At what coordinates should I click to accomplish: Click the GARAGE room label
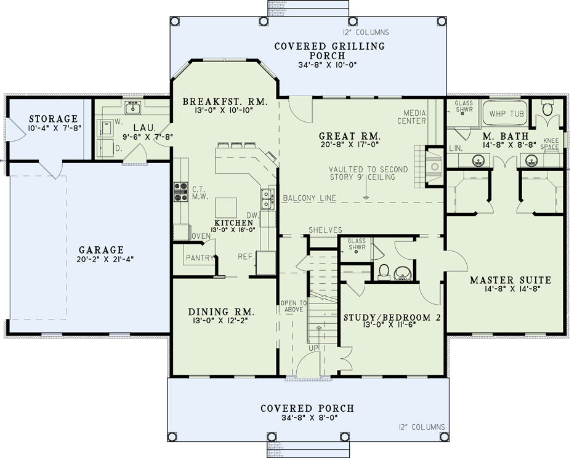pos(101,249)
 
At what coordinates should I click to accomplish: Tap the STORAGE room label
pos(54,119)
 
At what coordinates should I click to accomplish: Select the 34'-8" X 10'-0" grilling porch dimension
pos(328,65)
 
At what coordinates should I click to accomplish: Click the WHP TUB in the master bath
pos(507,114)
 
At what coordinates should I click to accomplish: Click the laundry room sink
pos(132,108)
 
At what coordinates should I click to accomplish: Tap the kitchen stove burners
pos(180,191)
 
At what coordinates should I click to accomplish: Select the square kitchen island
pos(226,207)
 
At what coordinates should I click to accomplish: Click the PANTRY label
pos(200,258)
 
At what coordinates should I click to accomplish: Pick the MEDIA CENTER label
pos(411,117)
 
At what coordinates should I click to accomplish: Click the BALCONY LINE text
pos(309,198)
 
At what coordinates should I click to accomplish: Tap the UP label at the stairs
pos(313,348)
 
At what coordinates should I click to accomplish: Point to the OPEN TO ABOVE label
pos(294,306)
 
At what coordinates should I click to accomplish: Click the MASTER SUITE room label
pos(510,279)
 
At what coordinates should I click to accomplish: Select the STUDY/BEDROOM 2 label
pos(392,318)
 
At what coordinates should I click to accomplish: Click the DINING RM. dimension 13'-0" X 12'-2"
pos(221,320)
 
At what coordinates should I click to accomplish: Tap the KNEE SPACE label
pos(551,143)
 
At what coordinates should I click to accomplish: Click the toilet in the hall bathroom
pos(384,271)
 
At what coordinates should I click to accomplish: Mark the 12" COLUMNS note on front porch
pos(422,427)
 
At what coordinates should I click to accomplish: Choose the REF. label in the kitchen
pos(246,257)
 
